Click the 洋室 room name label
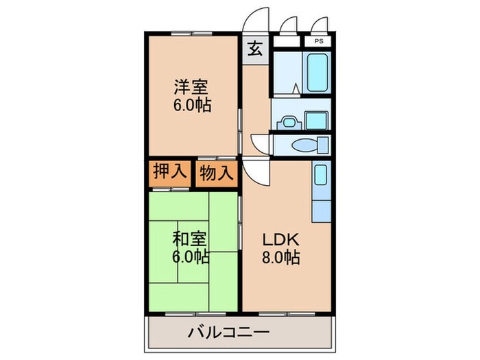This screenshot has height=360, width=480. coord(191,88)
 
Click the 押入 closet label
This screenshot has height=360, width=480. coord(168,173)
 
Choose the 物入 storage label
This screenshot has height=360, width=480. coord(216,173)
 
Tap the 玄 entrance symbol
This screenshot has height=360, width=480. coord(255,49)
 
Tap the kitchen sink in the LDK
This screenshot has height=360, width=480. coord(320,178)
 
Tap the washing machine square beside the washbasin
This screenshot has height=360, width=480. coord(316,120)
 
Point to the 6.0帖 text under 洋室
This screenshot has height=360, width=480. coord(191,106)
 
